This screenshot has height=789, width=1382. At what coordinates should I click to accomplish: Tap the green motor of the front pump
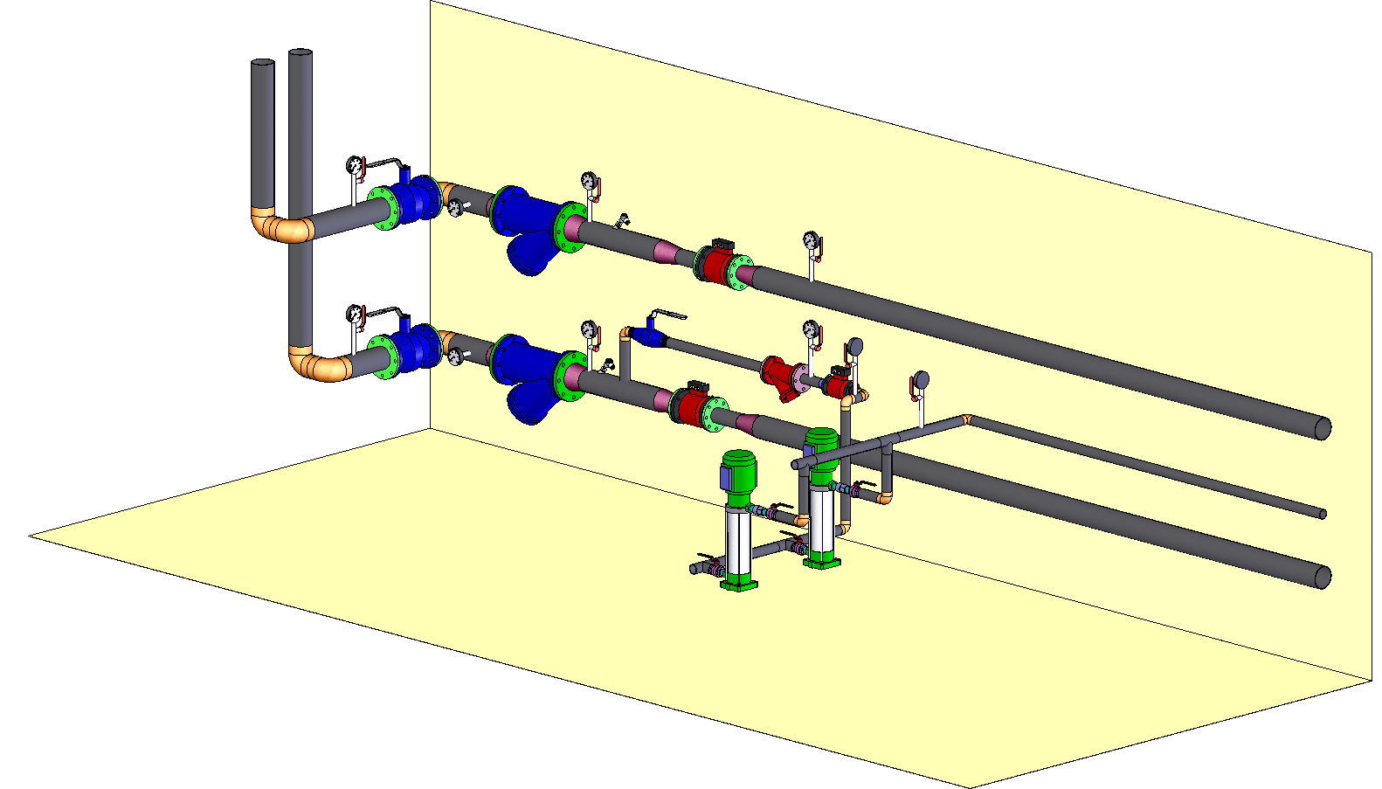point(740,472)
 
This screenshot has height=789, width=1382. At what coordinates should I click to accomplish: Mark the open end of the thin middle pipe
point(1323,514)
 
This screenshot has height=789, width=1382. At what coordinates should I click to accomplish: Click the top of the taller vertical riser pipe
point(301,53)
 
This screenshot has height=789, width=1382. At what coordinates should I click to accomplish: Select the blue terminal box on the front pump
point(726,477)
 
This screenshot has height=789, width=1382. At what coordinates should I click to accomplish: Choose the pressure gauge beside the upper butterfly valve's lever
point(355,164)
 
